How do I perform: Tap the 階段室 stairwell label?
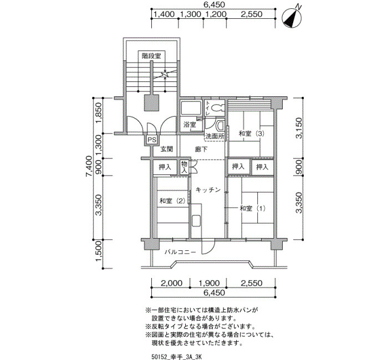point(151,56)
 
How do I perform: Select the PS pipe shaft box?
point(152,140)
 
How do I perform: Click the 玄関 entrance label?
point(167,149)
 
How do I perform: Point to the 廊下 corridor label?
point(201,149)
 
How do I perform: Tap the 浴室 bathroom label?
point(190,125)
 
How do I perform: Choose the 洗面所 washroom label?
point(215,136)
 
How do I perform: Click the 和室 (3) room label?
point(252,133)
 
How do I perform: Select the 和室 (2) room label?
point(172,200)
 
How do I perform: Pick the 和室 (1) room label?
point(252,208)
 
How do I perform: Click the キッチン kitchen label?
point(208,190)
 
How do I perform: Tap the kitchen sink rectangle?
point(196,221)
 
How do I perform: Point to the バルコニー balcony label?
point(180,252)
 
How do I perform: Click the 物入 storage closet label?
point(185,167)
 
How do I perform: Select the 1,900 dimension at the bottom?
point(209,283)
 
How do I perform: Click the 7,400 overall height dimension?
point(89,166)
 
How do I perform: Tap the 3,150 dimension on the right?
point(299,128)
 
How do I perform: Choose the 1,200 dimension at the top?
point(215,14)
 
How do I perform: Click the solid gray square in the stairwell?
point(152,103)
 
